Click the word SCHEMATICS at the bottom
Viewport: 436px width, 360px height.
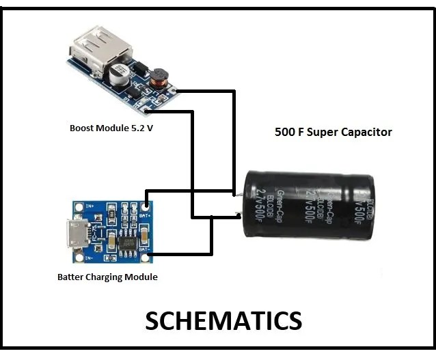click(223, 320)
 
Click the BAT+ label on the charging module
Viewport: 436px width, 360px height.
click(144, 215)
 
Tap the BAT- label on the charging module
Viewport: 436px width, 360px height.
click(144, 249)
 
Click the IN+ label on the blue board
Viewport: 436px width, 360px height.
click(89, 204)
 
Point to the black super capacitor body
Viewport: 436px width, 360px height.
click(308, 205)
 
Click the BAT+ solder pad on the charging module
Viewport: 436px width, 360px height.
click(148, 204)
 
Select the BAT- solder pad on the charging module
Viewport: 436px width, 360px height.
click(148, 258)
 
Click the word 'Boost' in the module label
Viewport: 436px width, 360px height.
click(81, 128)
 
